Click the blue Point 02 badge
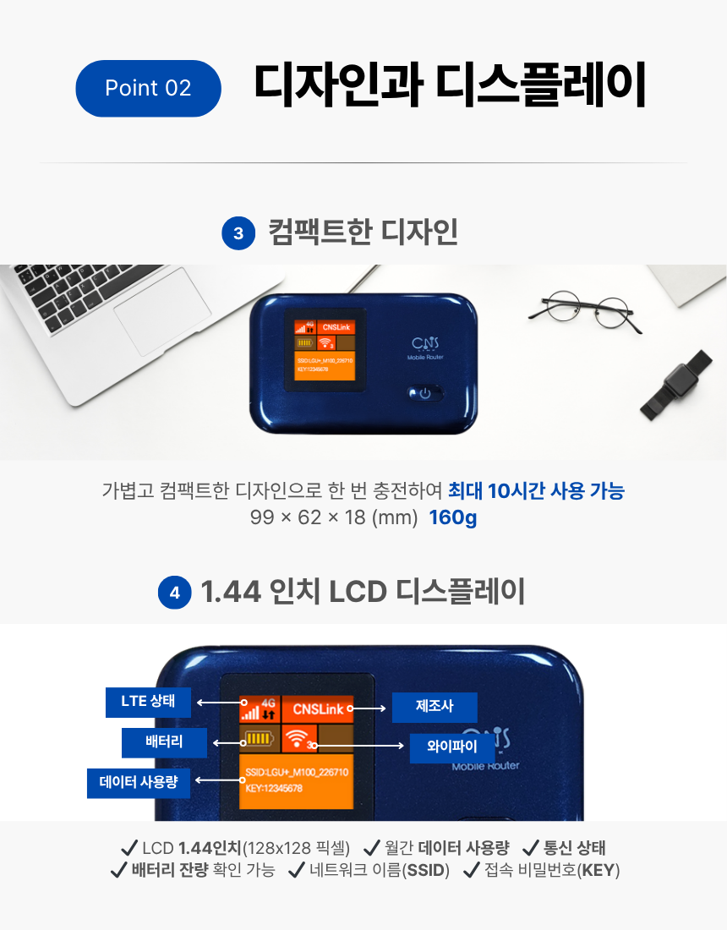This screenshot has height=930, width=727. [x=148, y=89]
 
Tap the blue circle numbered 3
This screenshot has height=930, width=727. [x=238, y=233]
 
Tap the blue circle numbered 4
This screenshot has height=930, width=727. [x=174, y=592]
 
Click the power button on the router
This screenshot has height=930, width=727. [x=425, y=393]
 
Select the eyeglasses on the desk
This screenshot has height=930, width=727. [x=585, y=310]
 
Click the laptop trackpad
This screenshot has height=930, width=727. [x=162, y=311]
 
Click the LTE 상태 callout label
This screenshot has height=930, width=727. [x=148, y=703]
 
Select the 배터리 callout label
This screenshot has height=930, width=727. [x=164, y=742]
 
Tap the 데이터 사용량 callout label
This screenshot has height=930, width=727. [x=138, y=783]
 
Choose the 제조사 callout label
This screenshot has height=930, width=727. [x=435, y=707]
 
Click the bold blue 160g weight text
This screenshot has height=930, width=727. [x=453, y=517]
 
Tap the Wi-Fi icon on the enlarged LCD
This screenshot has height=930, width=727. [x=297, y=738]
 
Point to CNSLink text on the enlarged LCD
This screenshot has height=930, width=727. [x=319, y=709]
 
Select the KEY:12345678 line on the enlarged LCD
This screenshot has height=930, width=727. [x=274, y=788]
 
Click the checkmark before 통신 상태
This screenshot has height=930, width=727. [x=530, y=848]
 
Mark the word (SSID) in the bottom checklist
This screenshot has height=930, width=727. [x=426, y=871]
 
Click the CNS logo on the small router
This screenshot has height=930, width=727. [x=425, y=343]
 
